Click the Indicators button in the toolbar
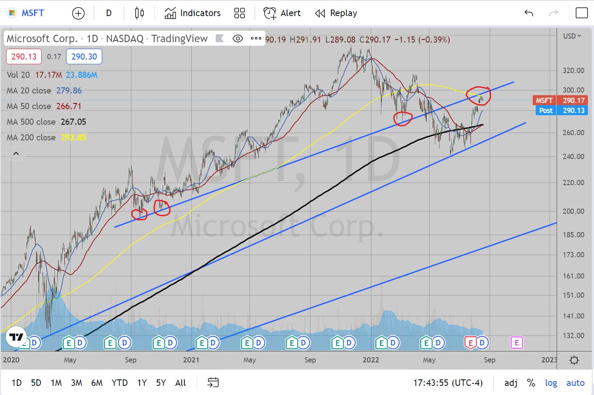pyautogui.click(x=193, y=13)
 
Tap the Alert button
pyautogui.click(x=282, y=13)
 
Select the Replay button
pyautogui.click(x=336, y=13)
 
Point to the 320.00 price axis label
pyautogui.click(x=574, y=70)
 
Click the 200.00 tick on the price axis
pyautogui.click(x=574, y=211)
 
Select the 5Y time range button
pyautogui.click(x=161, y=383)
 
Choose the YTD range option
pyautogui.click(x=120, y=383)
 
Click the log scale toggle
pyautogui.click(x=551, y=383)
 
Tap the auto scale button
pyautogui.click(x=575, y=383)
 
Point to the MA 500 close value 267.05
pyautogui.click(x=73, y=122)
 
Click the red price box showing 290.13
pyautogui.click(x=24, y=56)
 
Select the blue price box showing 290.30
pyautogui.click(x=84, y=56)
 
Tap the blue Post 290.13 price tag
pyautogui.click(x=561, y=110)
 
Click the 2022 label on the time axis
pyautogui.click(x=370, y=360)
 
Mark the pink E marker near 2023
pyautogui.click(x=516, y=343)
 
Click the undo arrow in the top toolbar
pyautogui.click(x=529, y=13)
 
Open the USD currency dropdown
pyautogui.click(x=572, y=36)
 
